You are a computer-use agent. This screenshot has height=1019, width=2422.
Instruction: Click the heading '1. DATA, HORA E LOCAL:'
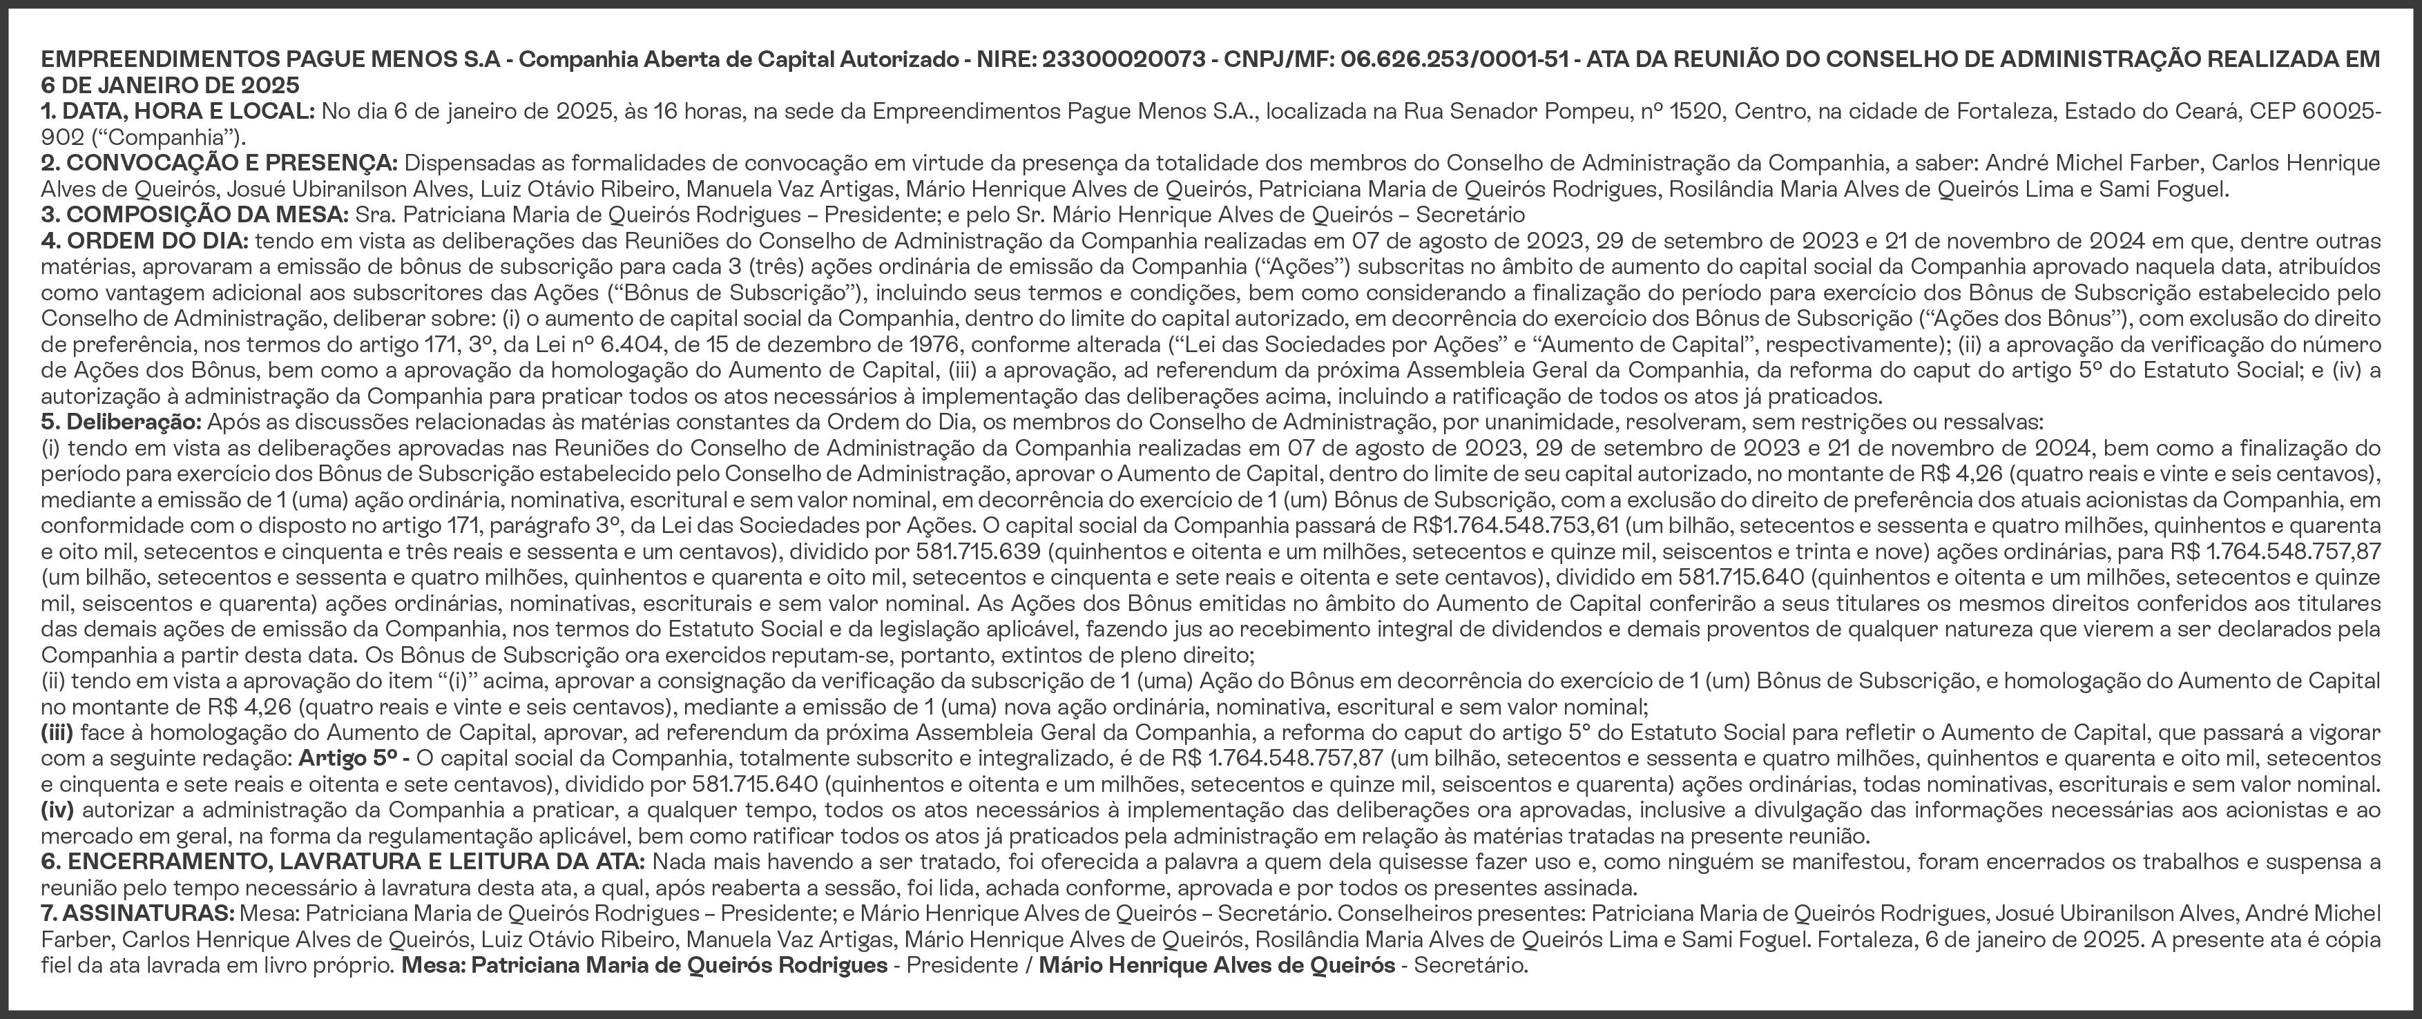(x=177, y=112)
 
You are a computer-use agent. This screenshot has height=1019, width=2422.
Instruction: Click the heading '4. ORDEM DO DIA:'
(x=145, y=240)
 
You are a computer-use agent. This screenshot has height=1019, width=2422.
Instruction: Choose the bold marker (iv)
(x=57, y=809)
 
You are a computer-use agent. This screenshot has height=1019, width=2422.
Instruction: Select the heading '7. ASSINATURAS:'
(x=137, y=913)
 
